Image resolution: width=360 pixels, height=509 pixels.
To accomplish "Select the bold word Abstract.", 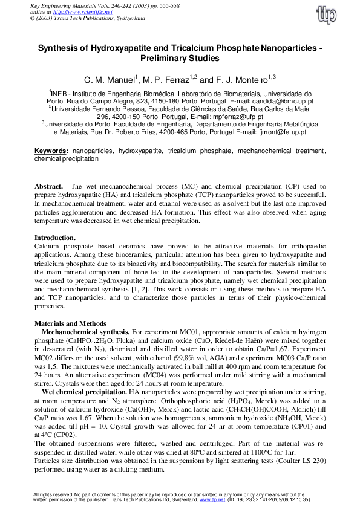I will coord(49,187).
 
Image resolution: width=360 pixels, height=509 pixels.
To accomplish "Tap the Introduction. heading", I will coord(55,238).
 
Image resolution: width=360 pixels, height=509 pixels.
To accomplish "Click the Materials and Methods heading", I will coord(70,323).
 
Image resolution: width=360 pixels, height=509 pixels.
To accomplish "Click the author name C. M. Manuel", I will coord(111,80).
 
